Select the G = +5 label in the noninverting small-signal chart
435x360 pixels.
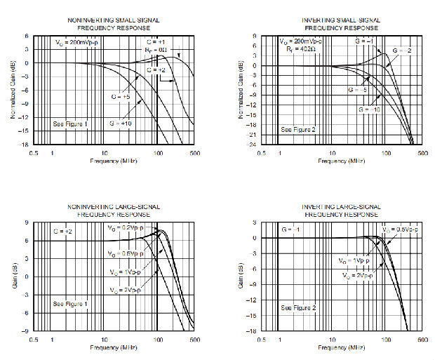tap(121, 96)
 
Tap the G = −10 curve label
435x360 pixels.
tap(369, 110)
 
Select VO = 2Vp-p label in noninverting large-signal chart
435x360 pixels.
tap(124, 289)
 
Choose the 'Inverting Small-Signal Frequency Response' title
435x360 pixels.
tap(342, 24)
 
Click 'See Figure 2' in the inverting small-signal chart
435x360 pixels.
tap(296, 130)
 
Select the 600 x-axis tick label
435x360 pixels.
tap(421, 340)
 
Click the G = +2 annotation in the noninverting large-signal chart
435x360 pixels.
tap(65, 230)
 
